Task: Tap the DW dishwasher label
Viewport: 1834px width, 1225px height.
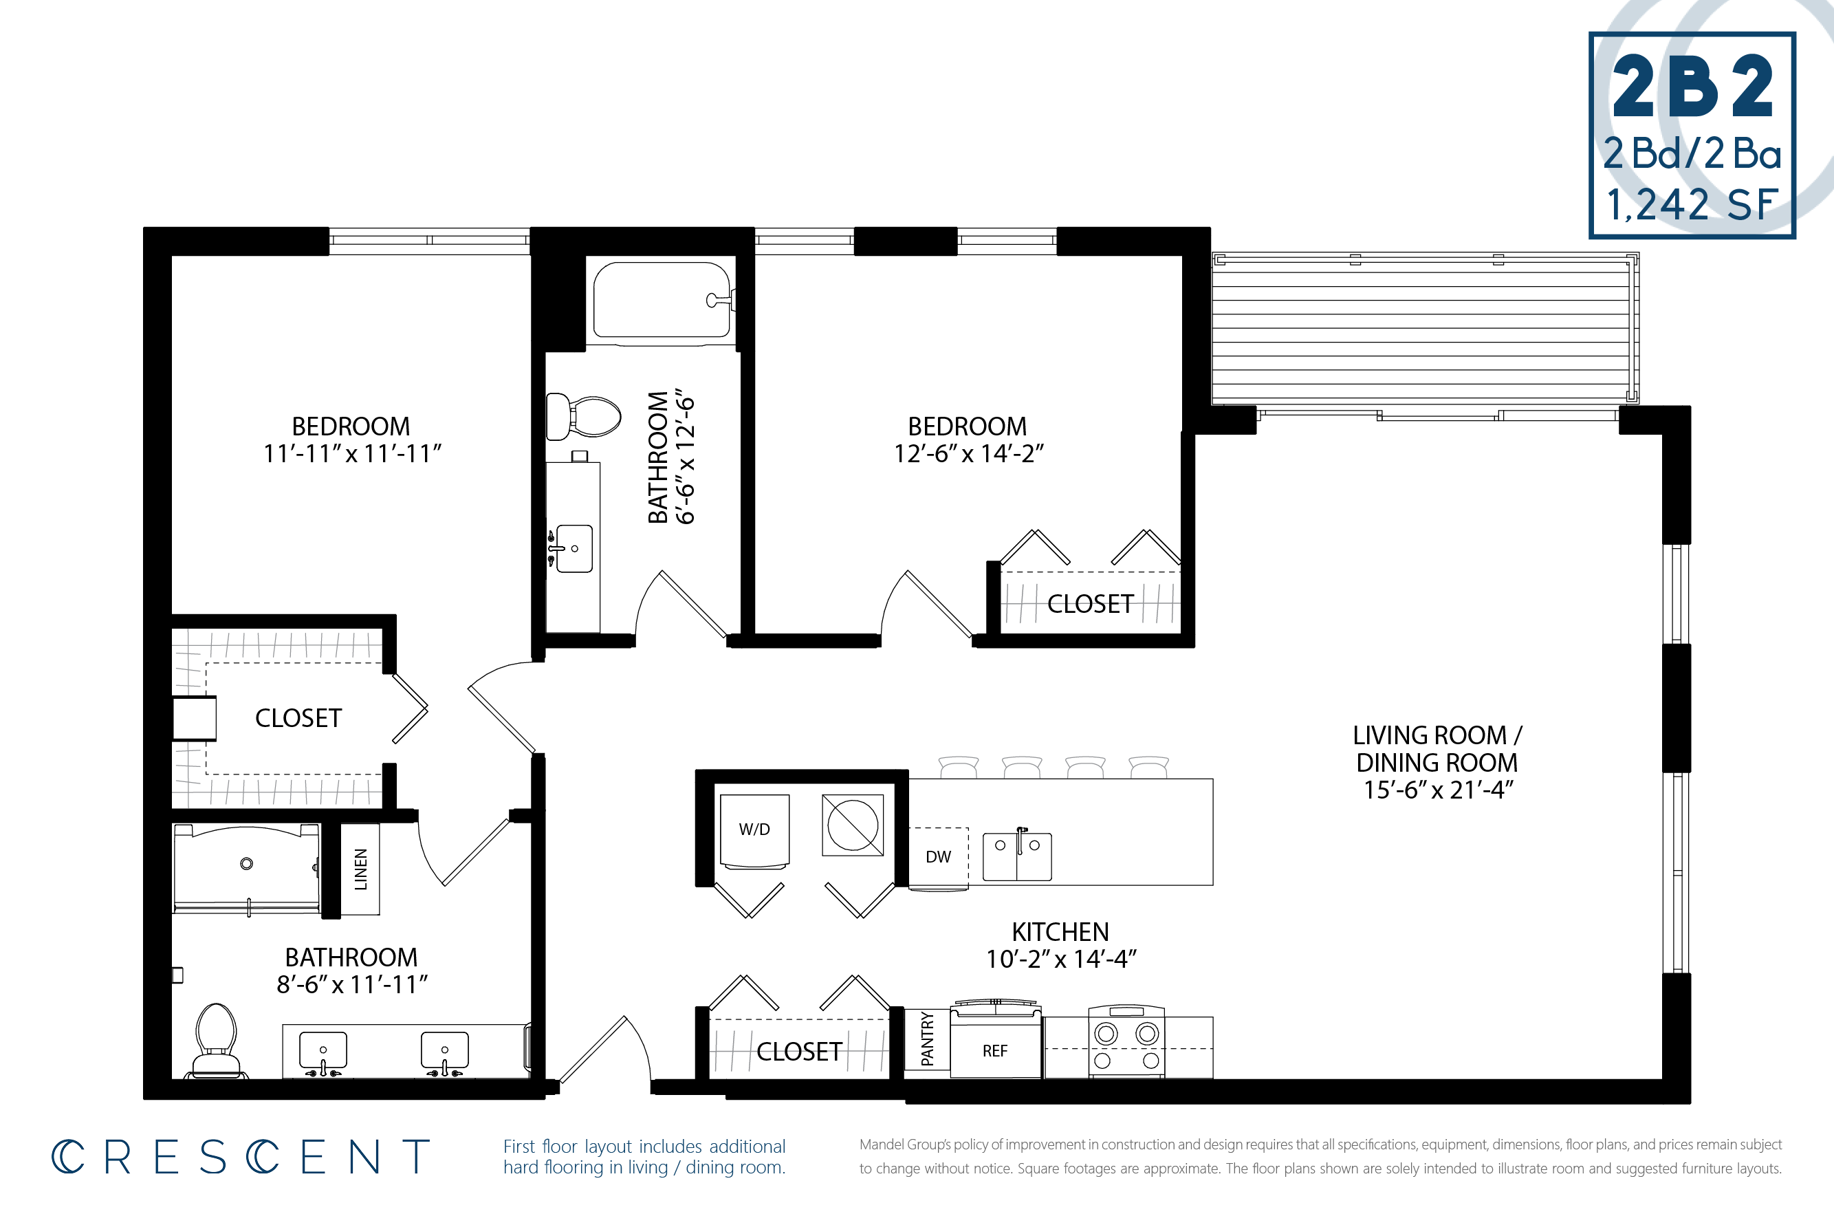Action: click(x=938, y=857)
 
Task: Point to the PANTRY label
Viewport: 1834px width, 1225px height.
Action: click(x=927, y=1039)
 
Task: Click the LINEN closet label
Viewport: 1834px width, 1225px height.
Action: click(x=361, y=869)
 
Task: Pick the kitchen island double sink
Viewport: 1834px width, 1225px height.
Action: click(x=1017, y=856)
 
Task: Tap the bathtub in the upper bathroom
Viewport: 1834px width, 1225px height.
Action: click(x=662, y=303)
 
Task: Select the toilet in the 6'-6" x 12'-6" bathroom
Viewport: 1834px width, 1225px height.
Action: click(x=582, y=416)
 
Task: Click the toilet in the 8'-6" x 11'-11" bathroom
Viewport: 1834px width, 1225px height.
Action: click(x=217, y=1041)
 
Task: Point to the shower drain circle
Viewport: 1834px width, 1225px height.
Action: click(x=246, y=863)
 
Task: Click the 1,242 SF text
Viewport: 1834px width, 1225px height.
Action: click(x=1692, y=205)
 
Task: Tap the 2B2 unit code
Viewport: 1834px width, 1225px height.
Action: click(x=1692, y=87)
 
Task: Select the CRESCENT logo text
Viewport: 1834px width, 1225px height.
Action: click(x=241, y=1157)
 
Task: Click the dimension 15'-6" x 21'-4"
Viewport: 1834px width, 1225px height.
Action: click(x=1438, y=790)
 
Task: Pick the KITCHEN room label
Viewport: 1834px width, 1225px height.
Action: click(x=1060, y=932)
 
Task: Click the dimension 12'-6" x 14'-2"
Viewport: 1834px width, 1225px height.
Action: click(x=968, y=453)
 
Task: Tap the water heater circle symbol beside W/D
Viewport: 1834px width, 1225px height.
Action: click(x=853, y=825)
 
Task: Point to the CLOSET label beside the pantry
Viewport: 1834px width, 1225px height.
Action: click(x=799, y=1052)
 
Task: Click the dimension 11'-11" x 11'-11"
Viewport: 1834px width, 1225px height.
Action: click(x=352, y=453)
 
